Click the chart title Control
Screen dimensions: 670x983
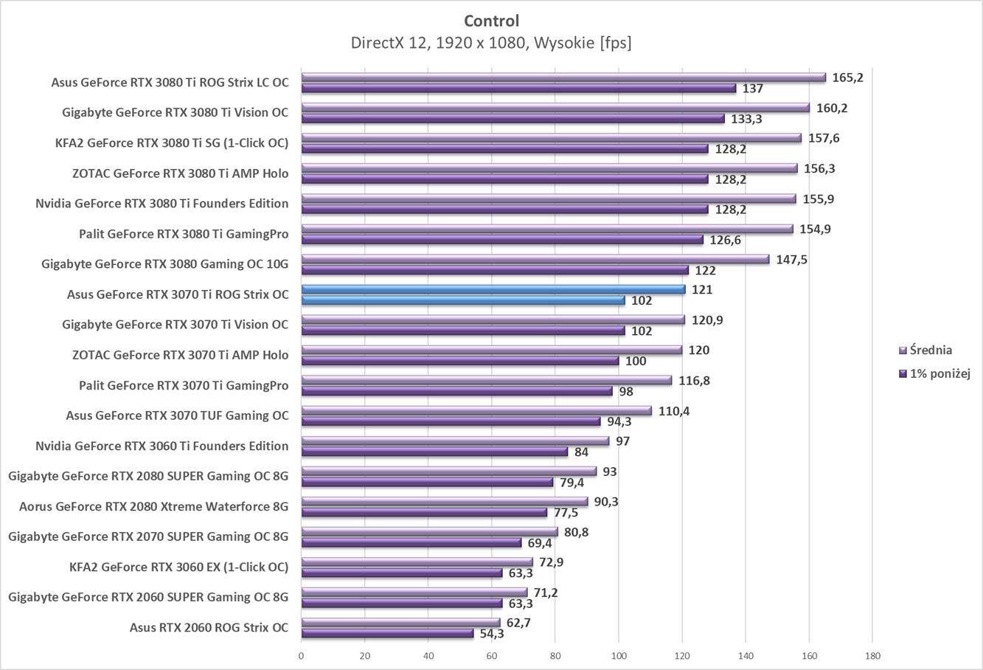(491, 21)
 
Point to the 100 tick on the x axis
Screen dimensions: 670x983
(618, 655)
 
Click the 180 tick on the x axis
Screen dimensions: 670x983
(872, 655)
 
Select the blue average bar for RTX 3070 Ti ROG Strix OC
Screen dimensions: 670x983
(493, 289)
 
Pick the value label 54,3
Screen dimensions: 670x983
(492, 634)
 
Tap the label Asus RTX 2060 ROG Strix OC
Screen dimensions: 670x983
(209, 628)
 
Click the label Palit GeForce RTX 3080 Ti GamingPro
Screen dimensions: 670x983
(184, 235)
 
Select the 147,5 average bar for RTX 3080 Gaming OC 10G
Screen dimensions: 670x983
(535, 259)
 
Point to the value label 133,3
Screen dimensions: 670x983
(746, 119)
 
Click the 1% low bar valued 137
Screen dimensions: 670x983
(518, 89)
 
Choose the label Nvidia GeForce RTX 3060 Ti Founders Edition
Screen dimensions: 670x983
(161, 446)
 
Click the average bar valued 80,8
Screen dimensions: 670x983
(429, 532)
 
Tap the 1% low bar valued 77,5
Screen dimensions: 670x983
(424, 512)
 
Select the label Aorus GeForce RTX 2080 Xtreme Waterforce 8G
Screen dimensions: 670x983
(153, 506)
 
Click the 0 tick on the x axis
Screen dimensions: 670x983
(301, 655)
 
